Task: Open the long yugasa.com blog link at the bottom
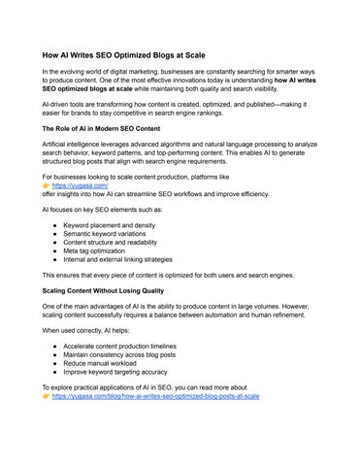click(x=155, y=397)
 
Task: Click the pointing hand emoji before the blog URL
click(x=46, y=397)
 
